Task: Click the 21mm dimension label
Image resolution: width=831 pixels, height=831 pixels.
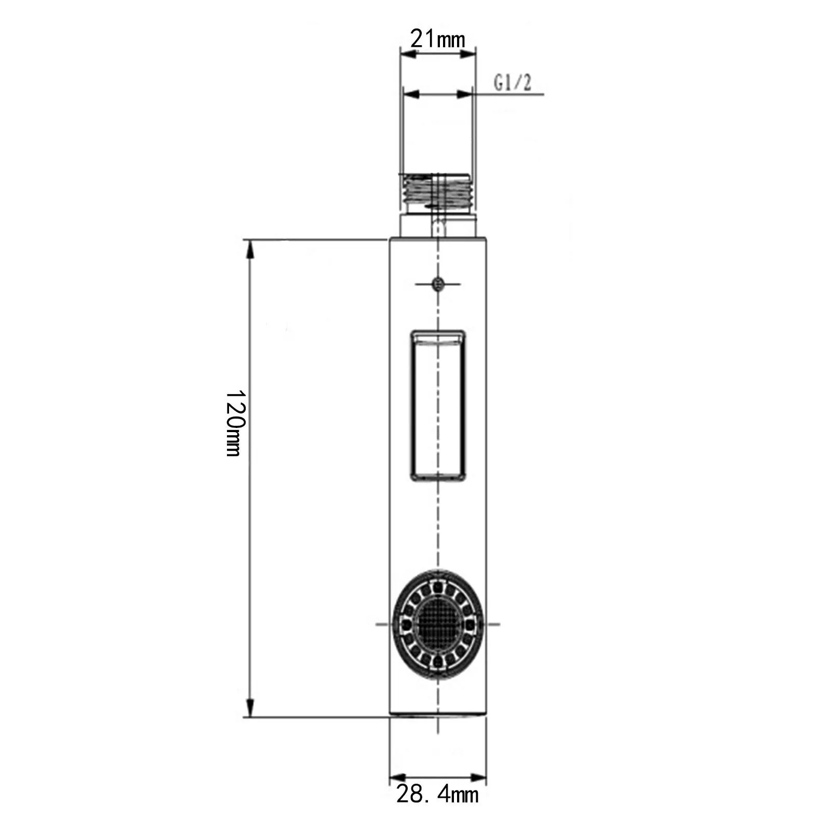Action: [437, 38]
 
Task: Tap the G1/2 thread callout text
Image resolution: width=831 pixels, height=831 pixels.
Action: [512, 83]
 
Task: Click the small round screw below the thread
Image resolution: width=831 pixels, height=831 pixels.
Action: [438, 284]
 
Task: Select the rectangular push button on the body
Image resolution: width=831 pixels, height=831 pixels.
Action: [437, 405]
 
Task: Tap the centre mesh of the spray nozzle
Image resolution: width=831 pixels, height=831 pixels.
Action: [437, 624]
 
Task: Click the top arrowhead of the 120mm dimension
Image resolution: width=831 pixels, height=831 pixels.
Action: [250, 248]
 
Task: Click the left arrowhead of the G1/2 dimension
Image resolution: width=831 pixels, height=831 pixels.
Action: [411, 94]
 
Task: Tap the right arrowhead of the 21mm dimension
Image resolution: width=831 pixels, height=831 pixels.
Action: [469, 50]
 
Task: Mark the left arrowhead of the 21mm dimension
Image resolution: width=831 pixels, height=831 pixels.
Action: [407, 50]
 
